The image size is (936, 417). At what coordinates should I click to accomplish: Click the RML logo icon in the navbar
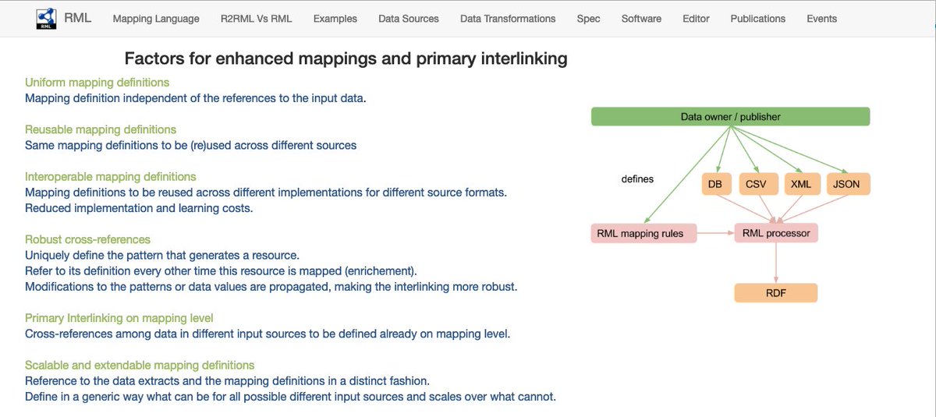click(x=46, y=19)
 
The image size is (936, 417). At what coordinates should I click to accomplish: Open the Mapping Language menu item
click(x=156, y=19)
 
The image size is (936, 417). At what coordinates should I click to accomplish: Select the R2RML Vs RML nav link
click(x=256, y=19)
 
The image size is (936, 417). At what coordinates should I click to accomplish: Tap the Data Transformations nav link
click(x=508, y=19)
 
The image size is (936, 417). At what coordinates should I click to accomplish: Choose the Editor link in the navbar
click(x=696, y=19)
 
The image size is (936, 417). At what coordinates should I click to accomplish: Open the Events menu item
click(x=822, y=19)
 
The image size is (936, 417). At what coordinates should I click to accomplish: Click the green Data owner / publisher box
click(x=730, y=117)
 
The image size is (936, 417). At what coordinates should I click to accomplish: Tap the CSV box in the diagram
click(x=755, y=184)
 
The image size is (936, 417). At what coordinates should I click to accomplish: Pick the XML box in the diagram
click(x=800, y=184)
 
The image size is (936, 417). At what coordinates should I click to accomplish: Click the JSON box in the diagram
click(x=847, y=184)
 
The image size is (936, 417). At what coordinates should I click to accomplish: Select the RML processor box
click(x=776, y=233)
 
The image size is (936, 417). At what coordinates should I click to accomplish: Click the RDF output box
click(x=776, y=293)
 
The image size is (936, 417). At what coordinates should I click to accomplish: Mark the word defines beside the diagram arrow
click(x=637, y=179)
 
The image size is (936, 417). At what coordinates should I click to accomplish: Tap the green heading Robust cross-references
click(x=87, y=239)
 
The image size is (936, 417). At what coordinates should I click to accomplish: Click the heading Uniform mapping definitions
click(x=97, y=82)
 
